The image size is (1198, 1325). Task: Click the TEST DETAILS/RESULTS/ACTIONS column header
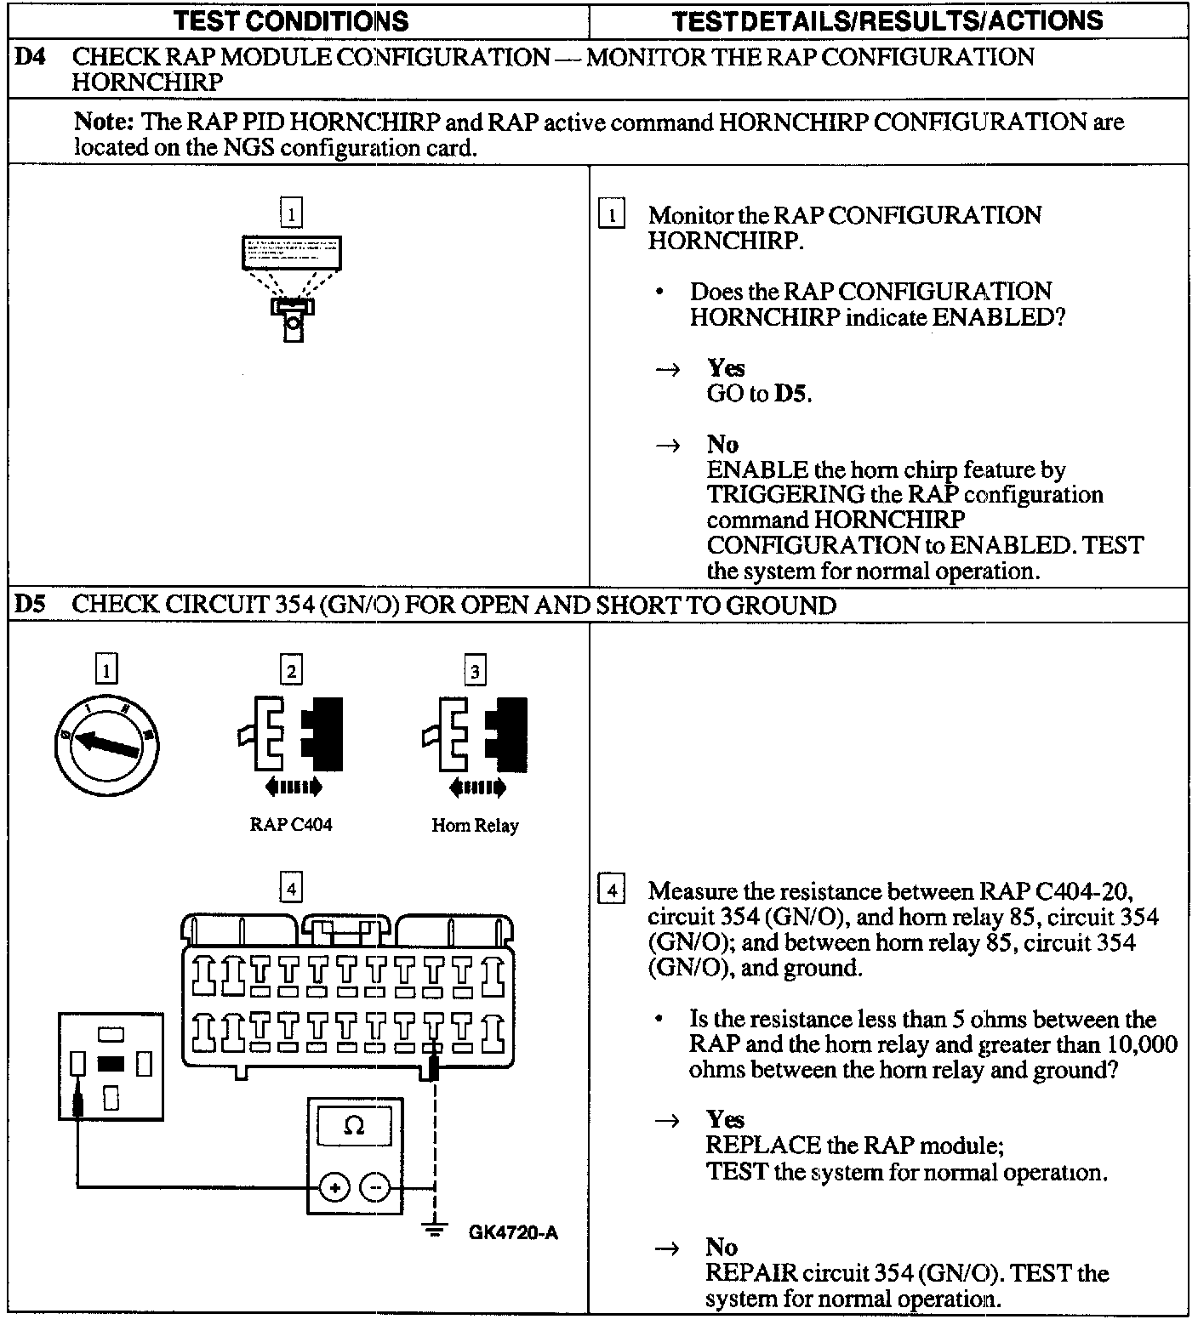pyautogui.click(x=887, y=20)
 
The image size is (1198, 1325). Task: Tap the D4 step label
pyautogui.click(x=30, y=58)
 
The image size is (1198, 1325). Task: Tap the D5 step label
pyautogui.click(x=30, y=605)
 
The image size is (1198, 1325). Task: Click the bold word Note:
pyautogui.click(x=105, y=122)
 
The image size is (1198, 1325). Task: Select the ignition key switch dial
pyautogui.click(x=106, y=744)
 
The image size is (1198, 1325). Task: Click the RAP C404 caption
pyautogui.click(x=291, y=824)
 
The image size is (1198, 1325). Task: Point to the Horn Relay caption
pyautogui.click(x=475, y=825)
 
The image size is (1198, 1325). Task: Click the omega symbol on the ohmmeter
pyautogui.click(x=354, y=1127)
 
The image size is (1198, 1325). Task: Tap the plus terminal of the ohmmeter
pyautogui.click(x=335, y=1187)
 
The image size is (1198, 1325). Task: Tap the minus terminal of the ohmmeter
pyautogui.click(x=375, y=1187)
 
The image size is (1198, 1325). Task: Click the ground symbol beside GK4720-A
pyautogui.click(x=435, y=1230)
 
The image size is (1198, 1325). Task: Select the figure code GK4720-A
pyautogui.click(x=513, y=1232)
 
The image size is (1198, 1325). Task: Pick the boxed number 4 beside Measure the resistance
pyautogui.click(x=612, y=891)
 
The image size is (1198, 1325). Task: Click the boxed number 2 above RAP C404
pyautogui.click(x=291, y=671)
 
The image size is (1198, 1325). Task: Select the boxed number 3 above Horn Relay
pyautogui.click(x=475, y=671)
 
